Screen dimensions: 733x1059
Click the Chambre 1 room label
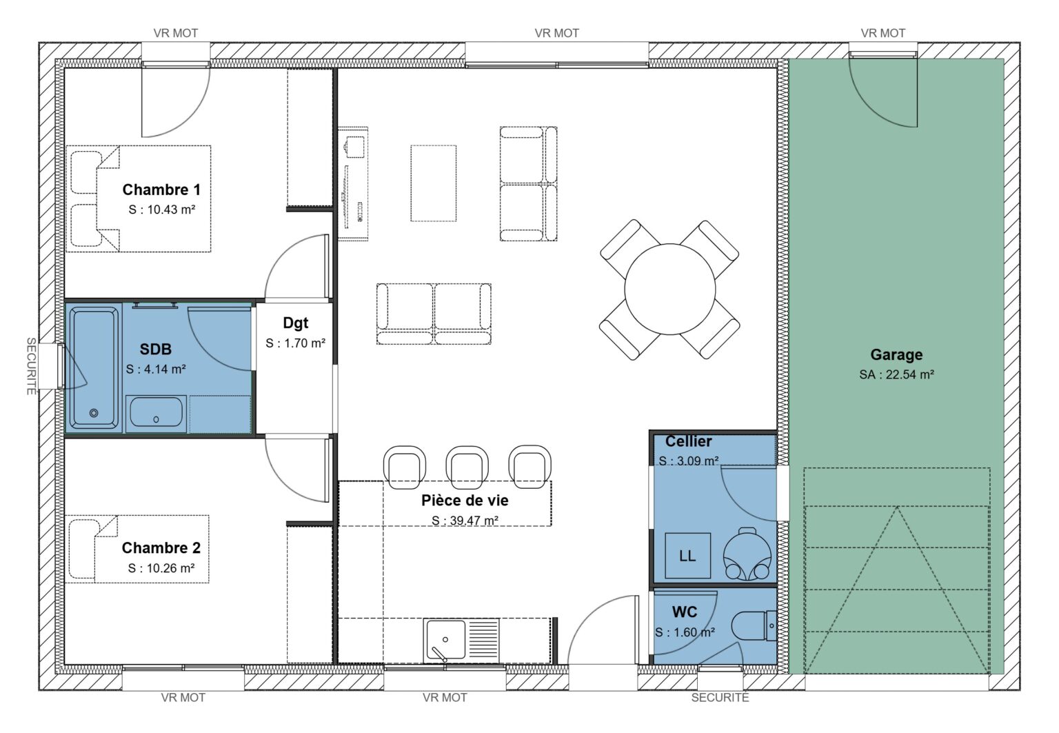[x=161, y=190]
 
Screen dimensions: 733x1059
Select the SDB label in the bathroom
[x=155, y=349]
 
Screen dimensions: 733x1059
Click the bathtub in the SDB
[x=93, y=369]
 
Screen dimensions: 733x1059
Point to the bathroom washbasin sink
[x=156, y=412]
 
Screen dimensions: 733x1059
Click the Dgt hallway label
[x=295, y=323]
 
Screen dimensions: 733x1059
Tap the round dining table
[x=669, y=289]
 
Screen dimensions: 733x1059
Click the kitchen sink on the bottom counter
[x=445, y=641]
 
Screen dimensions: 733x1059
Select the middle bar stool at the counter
[x=467, y=465]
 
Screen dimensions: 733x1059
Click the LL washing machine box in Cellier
[x=687, y=556]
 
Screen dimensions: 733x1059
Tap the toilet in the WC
[x=754, y=626]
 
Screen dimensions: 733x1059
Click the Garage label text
[x=896, y=354]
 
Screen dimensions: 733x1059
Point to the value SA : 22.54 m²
[x=896, y=375]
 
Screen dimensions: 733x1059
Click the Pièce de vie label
[x=465, y=501]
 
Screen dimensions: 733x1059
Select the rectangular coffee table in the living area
[x=434, y=183]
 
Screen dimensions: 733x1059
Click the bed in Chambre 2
[x=138, y=548]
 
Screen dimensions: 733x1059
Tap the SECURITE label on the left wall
[x=31, y=366]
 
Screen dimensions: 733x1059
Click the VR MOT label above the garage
[x=882, y=33]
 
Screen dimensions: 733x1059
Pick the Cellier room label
[x=688, y=441]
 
